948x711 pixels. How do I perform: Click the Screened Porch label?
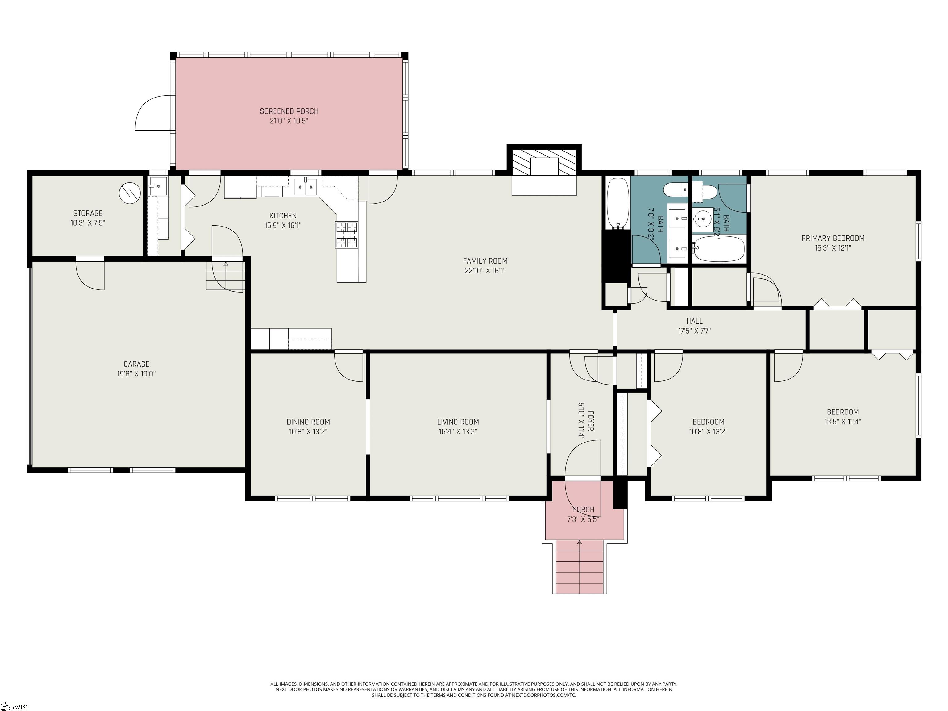click(x=289, y=111)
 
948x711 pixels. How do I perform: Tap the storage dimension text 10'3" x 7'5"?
click(x=88, y=223)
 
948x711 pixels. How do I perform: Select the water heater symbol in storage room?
click(x=129, y=193)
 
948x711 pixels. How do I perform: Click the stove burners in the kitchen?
click(x=346, y=235)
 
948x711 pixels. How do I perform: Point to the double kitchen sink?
click(x=306, y=187)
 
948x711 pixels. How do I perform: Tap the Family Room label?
click(x=485, y=261)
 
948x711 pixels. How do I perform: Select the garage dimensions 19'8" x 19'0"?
click(x=136, y=374)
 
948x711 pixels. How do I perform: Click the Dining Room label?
click(x=308, y=422)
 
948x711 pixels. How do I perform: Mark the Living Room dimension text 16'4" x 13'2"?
click(x=458, y=432)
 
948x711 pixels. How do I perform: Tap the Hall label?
click(x=694, y=321)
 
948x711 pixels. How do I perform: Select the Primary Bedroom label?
click(x=833, y=238)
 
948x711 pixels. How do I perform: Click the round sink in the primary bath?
click(x=702, y=219)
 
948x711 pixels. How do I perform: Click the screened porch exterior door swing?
click(x=153, y=113)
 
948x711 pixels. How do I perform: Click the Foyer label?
click(x=591, y=421)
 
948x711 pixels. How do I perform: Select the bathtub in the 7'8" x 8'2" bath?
click(x=617, y=203)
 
